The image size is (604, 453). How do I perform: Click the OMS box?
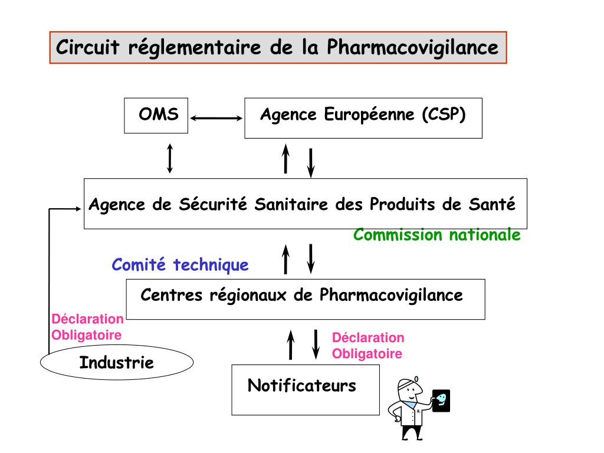click(157, 115)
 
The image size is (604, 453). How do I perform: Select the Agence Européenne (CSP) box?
click(363, 117)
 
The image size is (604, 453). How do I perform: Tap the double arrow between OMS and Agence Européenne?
click(216, 119)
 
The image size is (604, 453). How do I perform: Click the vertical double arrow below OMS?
click(170, 158)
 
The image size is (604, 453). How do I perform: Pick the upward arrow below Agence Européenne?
click(286, 158)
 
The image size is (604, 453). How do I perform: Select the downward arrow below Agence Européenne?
click(311, 162)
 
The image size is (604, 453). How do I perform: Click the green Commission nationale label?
click(436, 235)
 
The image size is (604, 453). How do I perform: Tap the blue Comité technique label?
click(180, 265)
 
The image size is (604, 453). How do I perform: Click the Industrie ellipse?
click(117, 362)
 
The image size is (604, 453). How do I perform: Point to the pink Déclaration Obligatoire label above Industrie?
click(87, 327)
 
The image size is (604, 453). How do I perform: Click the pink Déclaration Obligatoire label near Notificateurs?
click(367, 346)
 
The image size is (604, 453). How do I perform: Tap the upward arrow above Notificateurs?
click(290, 344)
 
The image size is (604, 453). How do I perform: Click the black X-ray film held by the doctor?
click(441, 401)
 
